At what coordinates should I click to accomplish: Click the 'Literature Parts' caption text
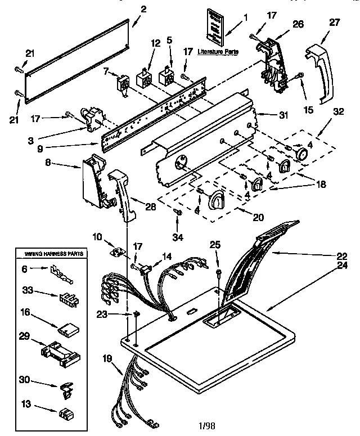[x=217, y=52]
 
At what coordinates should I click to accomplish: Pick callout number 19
[x=107, y=357]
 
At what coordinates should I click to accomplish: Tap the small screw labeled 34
[x=179, y=212]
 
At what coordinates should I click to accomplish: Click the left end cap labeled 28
[x=124, y=191]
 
